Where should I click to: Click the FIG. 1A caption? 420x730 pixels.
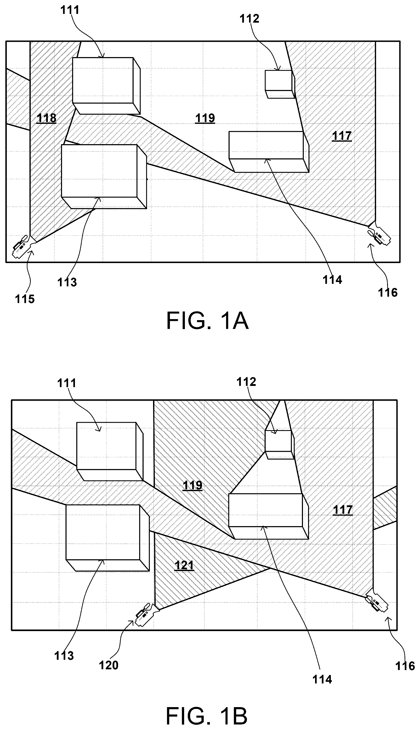(207, 321)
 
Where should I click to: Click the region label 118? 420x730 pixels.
(47, 118)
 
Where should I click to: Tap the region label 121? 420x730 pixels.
(184, 565)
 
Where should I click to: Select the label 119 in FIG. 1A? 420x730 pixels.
(205, 118)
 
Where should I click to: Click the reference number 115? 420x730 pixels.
(25, 299)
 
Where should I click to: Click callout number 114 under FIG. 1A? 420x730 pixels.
(332, 280)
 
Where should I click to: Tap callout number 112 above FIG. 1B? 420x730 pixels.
(246, 382)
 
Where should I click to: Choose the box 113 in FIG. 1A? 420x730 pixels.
(104, 177)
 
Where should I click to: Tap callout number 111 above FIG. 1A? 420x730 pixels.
(70, 10)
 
